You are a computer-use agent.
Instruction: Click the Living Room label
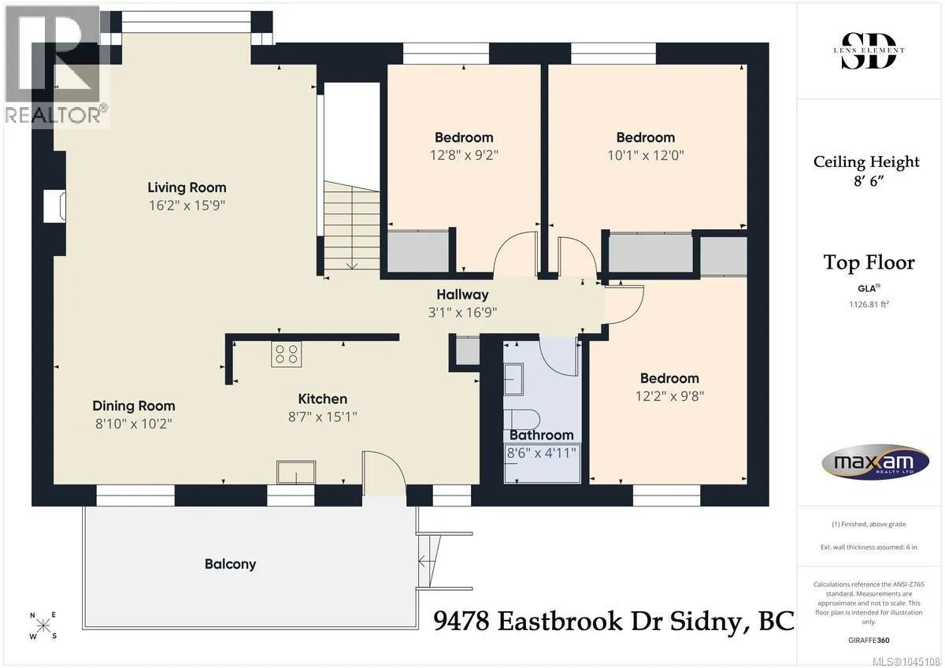click(187, 187)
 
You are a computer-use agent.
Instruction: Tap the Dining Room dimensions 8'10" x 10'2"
click(134, 423)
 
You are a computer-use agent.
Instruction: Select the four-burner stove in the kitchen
click(287, 354)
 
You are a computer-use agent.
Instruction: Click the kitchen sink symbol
click(296, 472)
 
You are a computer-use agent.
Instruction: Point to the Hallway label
click(462, 295)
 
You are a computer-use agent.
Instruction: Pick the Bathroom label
click(542, 435)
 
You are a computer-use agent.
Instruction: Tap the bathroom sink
click(513, 379)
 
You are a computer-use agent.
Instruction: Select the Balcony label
click(230, 564)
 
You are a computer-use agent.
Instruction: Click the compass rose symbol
click(43, 625)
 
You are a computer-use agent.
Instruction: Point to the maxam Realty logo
click(875, 462)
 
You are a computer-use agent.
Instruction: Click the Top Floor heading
click(869, 262)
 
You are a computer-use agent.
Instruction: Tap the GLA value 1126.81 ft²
click(869, 304)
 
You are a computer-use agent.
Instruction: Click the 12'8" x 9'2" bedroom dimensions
click(464, 155)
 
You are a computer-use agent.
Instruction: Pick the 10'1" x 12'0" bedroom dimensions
click(646, 155)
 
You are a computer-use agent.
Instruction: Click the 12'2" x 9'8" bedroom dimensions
click(669, 396)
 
